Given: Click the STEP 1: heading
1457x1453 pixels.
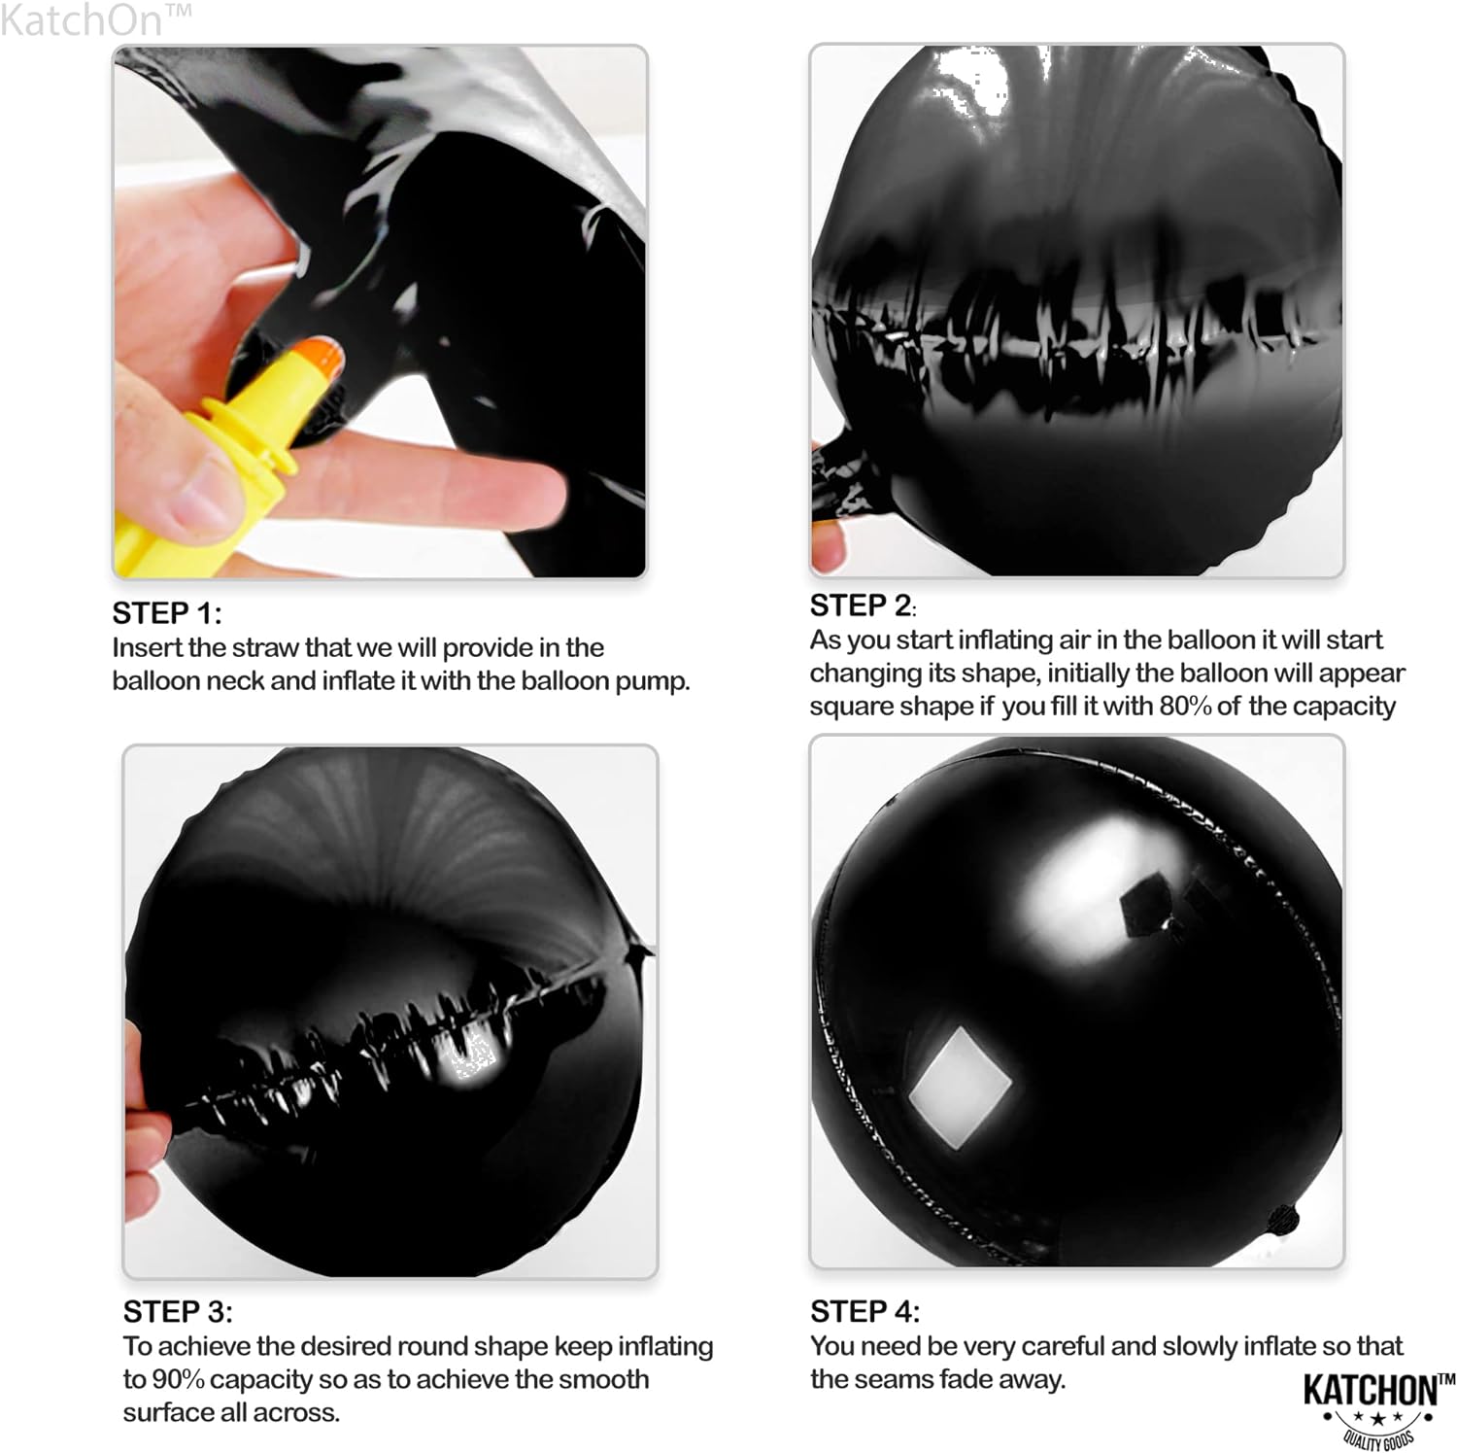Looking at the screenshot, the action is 167,613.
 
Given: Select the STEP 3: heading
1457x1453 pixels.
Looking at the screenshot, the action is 178,1312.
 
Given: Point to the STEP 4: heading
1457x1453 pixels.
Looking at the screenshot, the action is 864,1312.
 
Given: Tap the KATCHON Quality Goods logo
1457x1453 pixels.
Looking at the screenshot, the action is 1378,1406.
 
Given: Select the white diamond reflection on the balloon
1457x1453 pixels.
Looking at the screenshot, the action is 960,1087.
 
